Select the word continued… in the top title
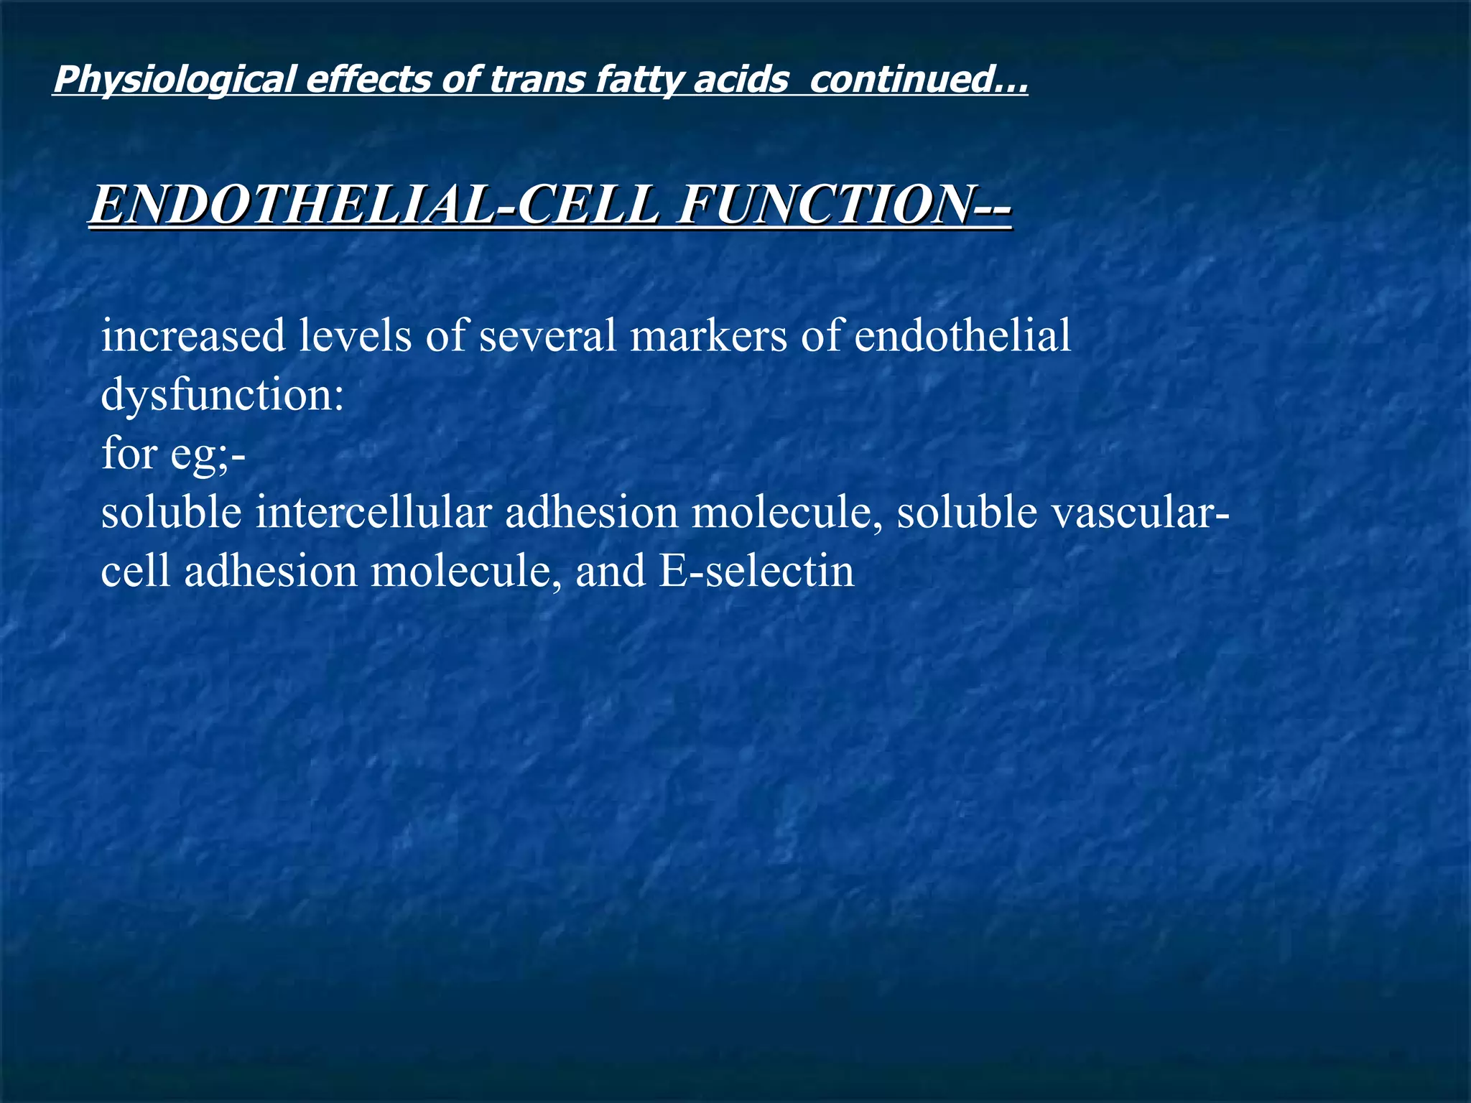[919, 79]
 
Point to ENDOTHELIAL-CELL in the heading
[373, 205]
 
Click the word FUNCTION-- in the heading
[845, 205]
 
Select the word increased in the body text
[193, 335]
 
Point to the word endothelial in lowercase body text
[962, 335]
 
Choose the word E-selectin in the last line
[756, 572]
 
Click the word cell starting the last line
[136, 572]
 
